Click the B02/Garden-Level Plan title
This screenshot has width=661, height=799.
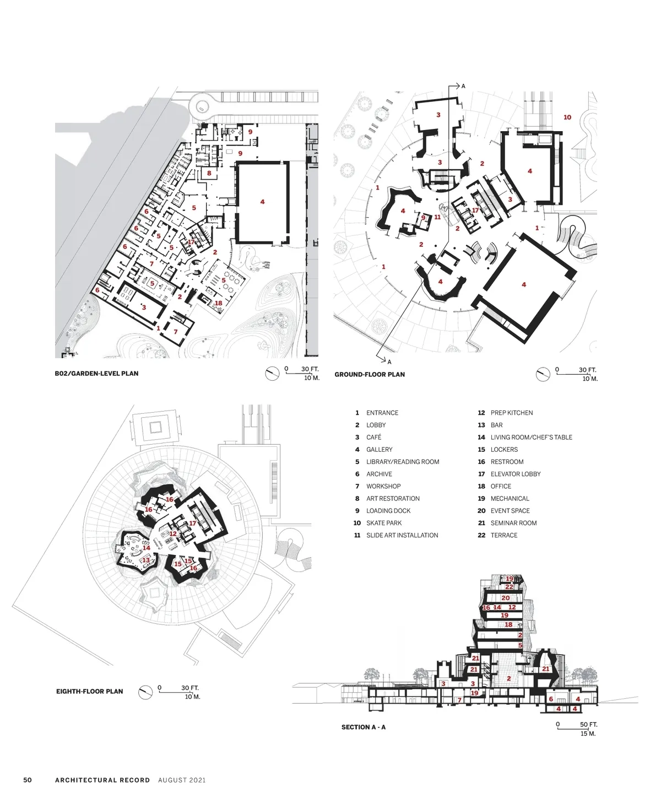[96, 374]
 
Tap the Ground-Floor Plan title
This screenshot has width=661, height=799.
[370, 375]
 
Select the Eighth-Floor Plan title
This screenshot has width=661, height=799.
[89, 692]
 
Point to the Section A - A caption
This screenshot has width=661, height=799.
[363, 727]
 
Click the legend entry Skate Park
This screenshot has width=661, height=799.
[383, 523]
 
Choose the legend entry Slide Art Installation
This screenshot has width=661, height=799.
[402, 535]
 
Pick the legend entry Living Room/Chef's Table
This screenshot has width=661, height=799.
[531, 438]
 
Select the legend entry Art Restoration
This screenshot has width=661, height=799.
[393, 499]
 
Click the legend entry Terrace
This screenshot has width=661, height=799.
[504, 535]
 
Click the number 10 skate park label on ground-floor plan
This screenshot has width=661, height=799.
[567, 117]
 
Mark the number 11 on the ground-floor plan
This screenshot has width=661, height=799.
[437, 217]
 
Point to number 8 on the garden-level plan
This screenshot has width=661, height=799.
[209, 173]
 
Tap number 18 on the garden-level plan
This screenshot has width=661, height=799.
[218, 303]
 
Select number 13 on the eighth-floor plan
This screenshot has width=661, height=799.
[146, 560]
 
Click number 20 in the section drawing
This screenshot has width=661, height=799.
[505, 598]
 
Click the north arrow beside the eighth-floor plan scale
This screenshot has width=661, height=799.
[145, 692]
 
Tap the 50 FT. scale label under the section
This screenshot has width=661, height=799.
[589, 725]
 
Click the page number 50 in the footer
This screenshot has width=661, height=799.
[28, 780]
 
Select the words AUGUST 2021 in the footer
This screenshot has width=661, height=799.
[182, 780]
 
